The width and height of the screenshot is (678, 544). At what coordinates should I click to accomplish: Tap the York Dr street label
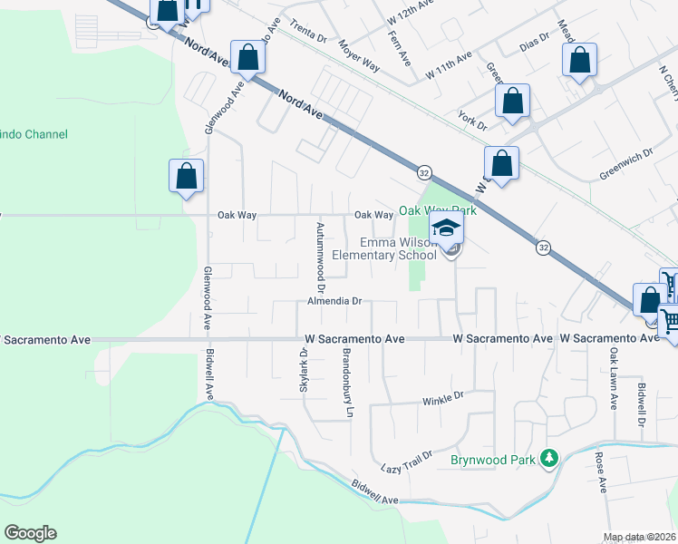tap(472, 121)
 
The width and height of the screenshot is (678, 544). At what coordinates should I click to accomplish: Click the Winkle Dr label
tap(443, 397)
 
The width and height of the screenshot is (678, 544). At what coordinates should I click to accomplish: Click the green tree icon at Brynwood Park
tap(547, 459)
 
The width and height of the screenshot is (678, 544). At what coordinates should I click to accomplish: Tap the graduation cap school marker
tap(446, 228)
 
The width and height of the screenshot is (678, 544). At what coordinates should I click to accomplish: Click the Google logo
tap(30, 533)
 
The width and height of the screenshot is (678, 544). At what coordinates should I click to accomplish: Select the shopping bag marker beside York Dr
tap(512, 103)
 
